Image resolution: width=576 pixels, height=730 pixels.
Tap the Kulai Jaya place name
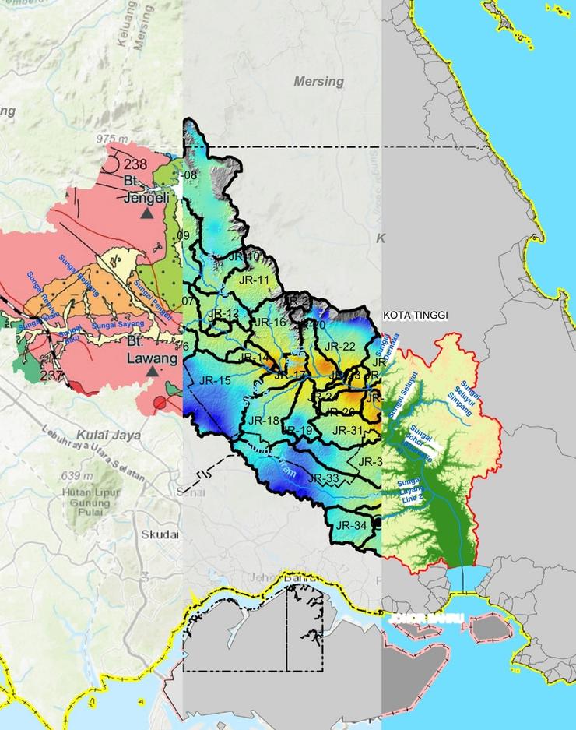coord(108,436)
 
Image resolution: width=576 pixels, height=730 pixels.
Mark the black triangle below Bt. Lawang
coord(153,372)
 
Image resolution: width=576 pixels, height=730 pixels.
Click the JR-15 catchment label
coord(216,380)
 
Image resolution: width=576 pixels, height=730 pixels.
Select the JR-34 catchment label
coord(350,526)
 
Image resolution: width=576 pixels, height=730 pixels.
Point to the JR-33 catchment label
coord(323,478)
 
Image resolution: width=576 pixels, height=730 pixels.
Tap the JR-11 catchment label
coord(253,280)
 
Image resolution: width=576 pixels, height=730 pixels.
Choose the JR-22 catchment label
coord(339,346)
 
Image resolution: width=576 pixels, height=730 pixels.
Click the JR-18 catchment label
coord(263,421)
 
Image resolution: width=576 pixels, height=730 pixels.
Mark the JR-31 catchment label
coord(347,430)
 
